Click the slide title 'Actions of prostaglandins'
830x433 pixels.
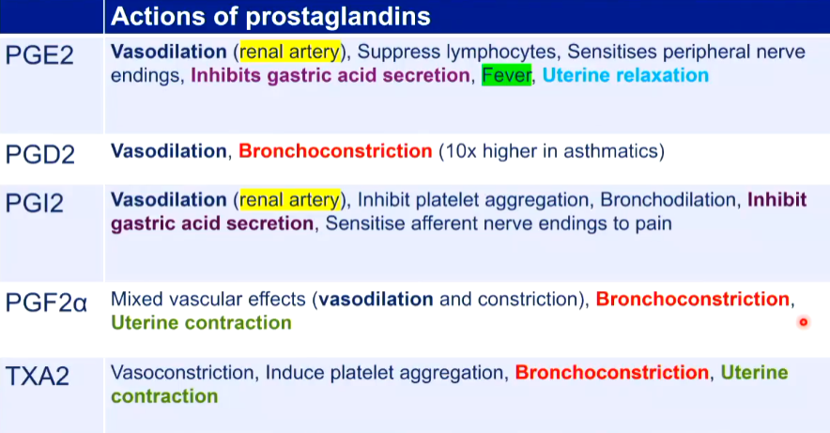coord(270,16)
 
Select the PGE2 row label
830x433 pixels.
coord(39,55)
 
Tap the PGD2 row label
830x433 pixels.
coord(40,155)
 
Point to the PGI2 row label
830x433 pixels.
coord(35,203)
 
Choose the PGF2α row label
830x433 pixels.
coord(46,302)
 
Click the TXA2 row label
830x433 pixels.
coord(37,377)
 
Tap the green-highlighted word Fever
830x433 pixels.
coord(507,75)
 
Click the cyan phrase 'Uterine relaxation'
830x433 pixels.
coord(625,75)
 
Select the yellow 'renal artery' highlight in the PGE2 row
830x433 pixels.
coord(290,52)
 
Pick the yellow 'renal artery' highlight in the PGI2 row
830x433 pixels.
coord(290,200)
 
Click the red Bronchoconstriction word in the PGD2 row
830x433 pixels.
coord(335,151)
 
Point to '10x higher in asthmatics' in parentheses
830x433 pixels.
coord(551,151)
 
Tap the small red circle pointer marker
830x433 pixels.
coord(804,322)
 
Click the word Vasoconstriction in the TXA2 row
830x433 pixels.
coord(182,373)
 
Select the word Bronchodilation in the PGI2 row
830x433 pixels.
coord(668,200)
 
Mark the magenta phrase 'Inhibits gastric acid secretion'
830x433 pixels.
coord(330,75)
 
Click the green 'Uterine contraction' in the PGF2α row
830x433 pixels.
coord(201,323)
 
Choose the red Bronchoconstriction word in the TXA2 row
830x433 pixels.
coord(612,373)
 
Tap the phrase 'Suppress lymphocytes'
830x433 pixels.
coord(456,52)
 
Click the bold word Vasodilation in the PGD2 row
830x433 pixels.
coord(168,151)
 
